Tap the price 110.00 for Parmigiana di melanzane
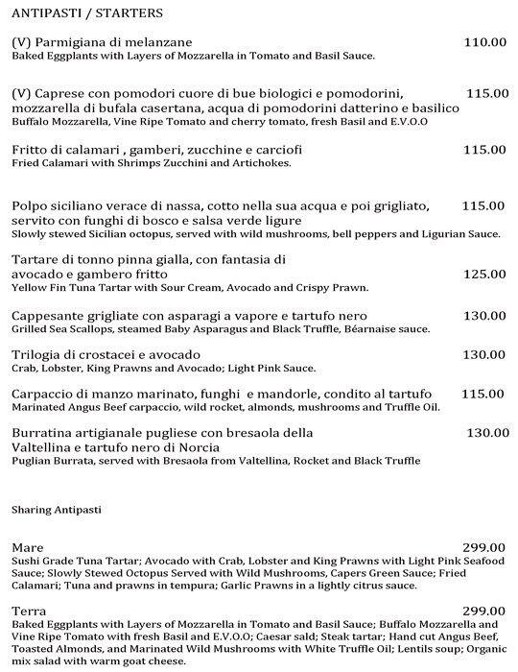click(483, 41)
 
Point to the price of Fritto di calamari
click(483, 149)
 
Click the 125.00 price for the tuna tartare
click(483, 274)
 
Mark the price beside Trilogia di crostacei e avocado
click(483, 354)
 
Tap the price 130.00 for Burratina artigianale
click(487, 433)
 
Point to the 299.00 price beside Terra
click(483, 611)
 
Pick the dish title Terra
click(28, 611)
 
